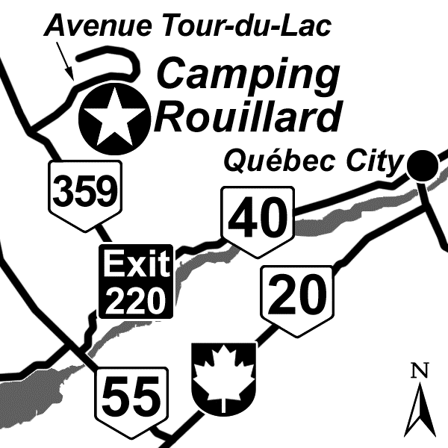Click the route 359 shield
(x=85, y=193)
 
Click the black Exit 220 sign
(x=137, y=281)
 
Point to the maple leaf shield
(x=224, y=376)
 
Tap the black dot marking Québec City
(x=422, y=164)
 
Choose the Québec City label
(x=314, y=160)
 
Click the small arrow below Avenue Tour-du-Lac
(x=66, y=63)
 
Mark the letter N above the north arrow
(x=421, y=369)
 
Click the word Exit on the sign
(x=137, y=264)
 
